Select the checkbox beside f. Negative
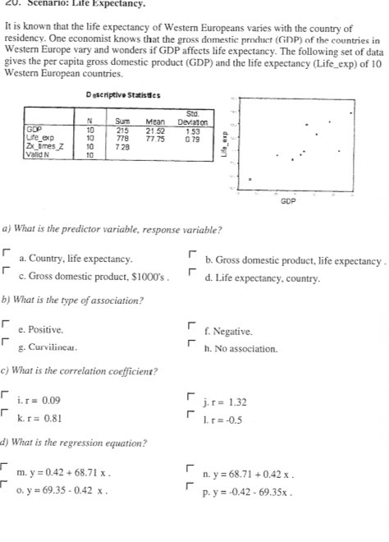(x=191, y=327)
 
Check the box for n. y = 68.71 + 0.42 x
(x=191, y=472)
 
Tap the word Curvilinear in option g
(x=48, y=348)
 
